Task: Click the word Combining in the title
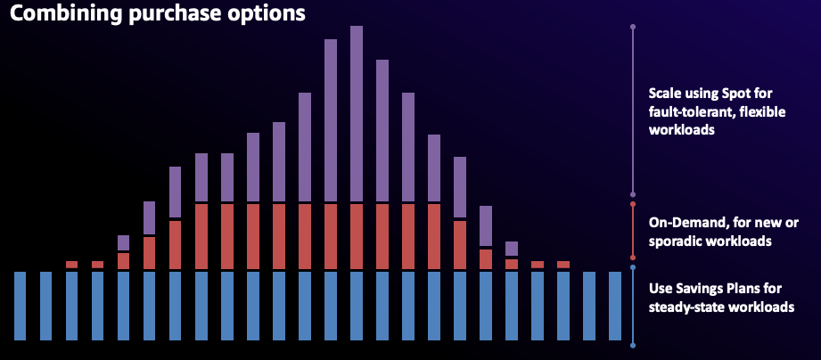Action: [58, 14]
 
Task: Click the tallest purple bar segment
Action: [357, 112]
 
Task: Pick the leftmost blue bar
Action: [21, 305]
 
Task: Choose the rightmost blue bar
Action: [615, 305]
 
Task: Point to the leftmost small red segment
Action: [72, 264]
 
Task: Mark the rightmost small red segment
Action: [563, 264]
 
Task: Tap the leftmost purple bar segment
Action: [123, 242]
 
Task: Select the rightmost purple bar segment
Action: [512, 248]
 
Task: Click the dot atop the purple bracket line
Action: [633, 27]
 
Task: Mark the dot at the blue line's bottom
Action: [633, 345]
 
